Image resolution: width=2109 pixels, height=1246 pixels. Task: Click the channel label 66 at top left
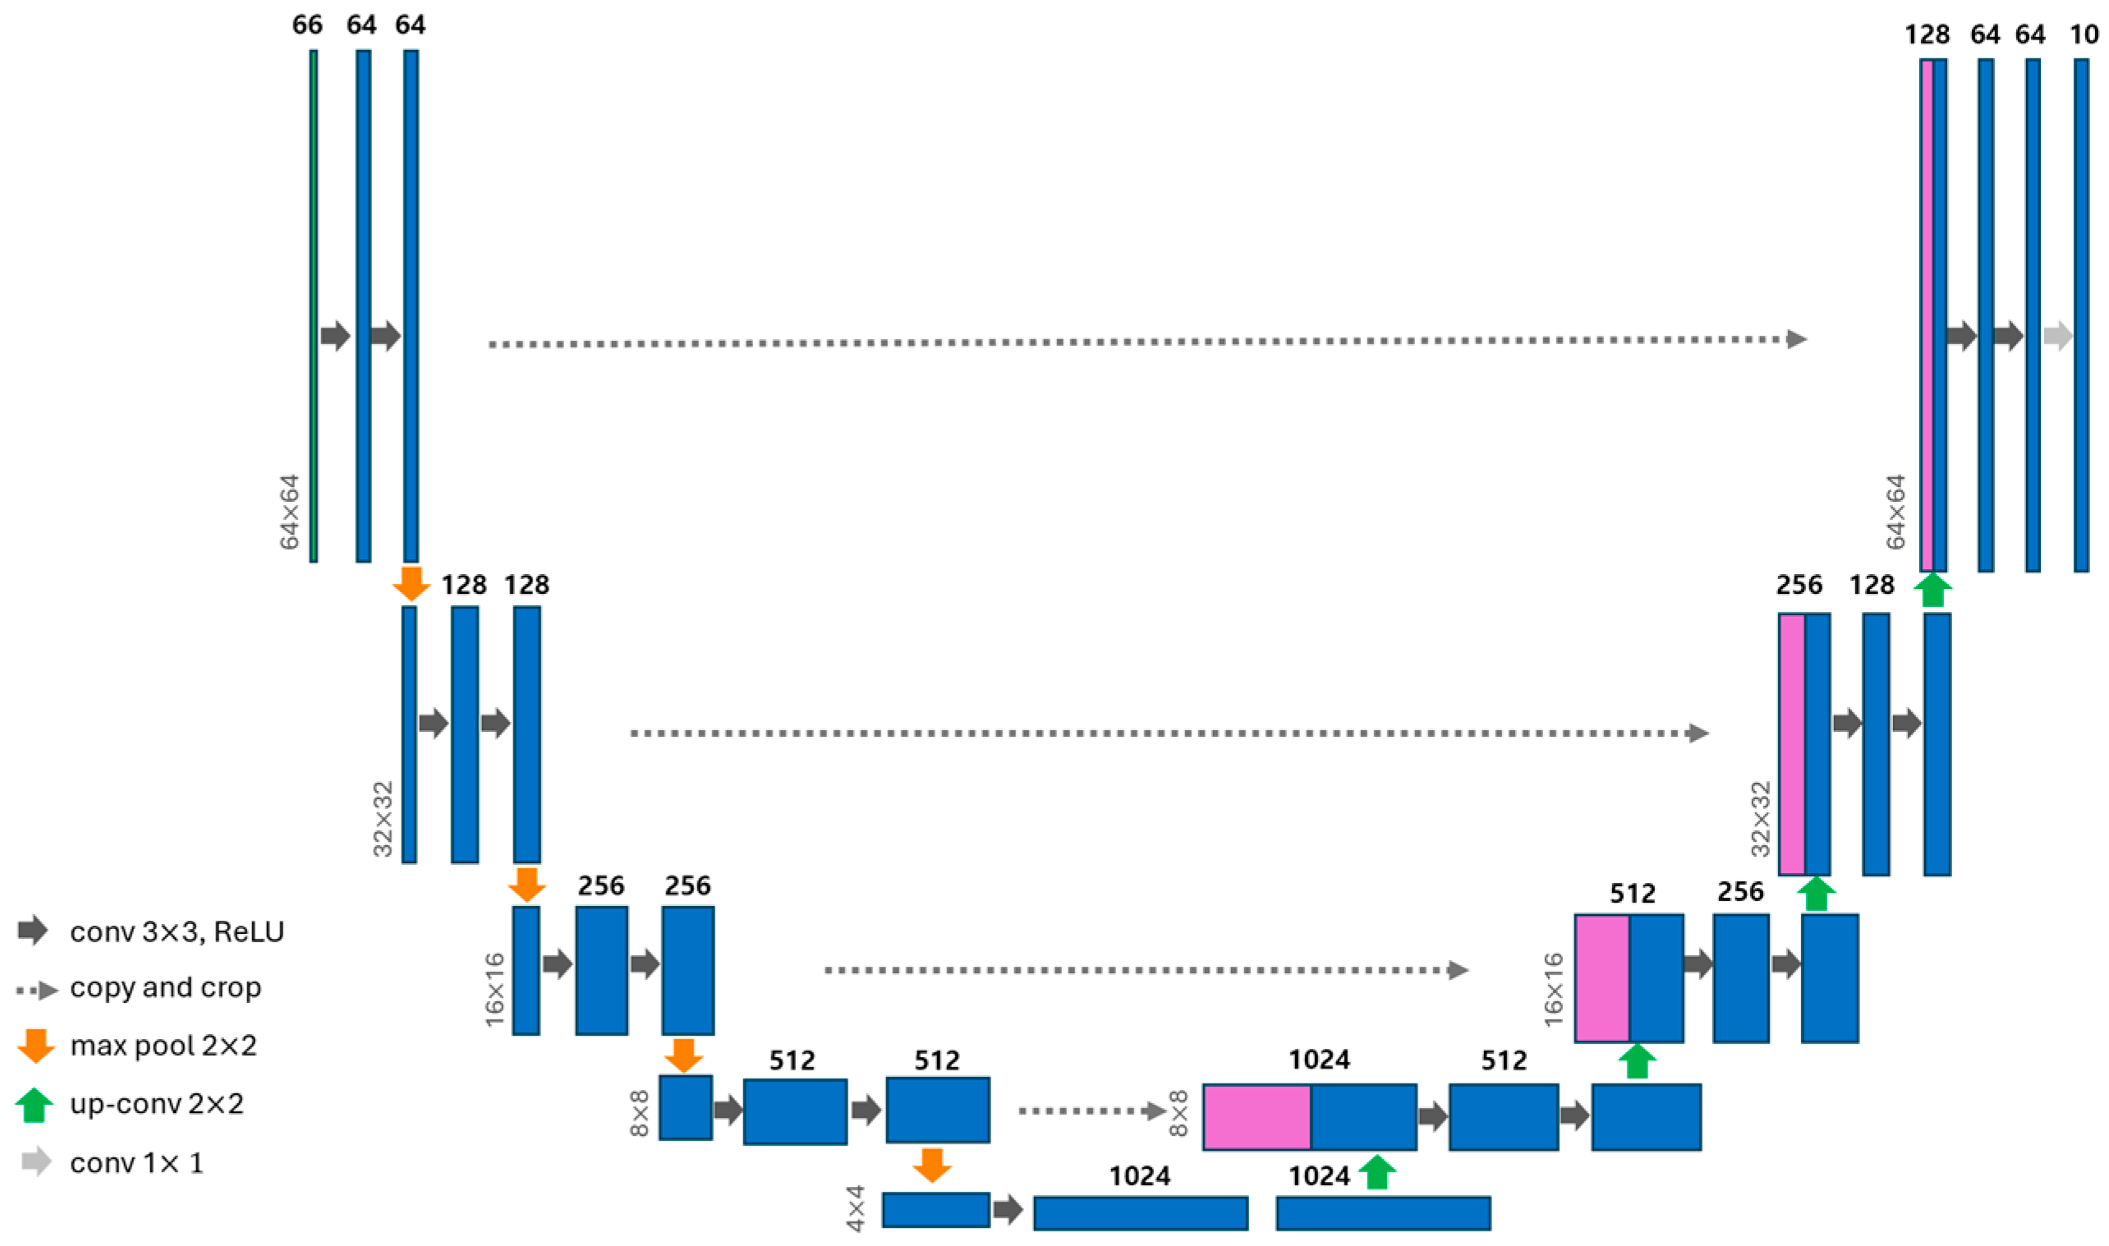click(x=307, y=25)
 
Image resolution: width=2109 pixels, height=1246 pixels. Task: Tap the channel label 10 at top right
click(x=2084, y=34)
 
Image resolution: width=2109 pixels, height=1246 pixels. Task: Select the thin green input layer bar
click(x=313, y=306)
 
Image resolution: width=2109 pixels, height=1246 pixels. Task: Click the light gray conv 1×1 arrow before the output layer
click(x=2058, y=337)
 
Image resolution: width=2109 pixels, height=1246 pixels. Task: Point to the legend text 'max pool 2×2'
click(x=163, y=1046)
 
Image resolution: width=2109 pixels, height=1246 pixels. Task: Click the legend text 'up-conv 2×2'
click(x=157, y=1104)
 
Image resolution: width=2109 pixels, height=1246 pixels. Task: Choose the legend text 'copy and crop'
click(x=165, y=988)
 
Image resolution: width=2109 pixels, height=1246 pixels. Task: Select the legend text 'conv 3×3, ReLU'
click(x=177, y=932)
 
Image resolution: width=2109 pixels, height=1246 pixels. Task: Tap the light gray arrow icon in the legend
click(x=36, y=1162)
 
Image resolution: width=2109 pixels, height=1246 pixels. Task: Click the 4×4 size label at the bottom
click(x=856, y=1209)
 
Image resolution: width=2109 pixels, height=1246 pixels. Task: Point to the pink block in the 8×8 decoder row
click(x=1257, y=1118)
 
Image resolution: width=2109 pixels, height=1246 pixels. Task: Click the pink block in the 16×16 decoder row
click(x=1602, y=978)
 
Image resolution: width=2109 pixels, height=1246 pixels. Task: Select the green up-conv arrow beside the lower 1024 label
click(x=1377, y=1172)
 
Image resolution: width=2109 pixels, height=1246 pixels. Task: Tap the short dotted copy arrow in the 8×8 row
click(x=1091, y=1111)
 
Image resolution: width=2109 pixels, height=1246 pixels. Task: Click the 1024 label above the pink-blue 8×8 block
click(x=1319, y=1060)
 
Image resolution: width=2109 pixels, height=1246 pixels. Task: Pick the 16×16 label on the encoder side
click(x=495, y=989)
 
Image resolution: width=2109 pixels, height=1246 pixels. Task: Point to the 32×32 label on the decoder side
click(x=1761, y=819)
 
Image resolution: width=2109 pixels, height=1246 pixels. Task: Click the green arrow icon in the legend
click(x=34, y=1105)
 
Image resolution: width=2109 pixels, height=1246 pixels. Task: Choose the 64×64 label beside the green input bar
click(x=290, y=513)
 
